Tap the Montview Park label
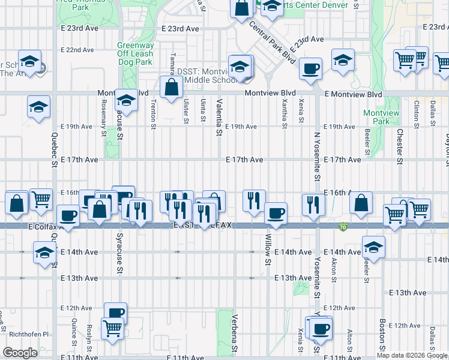[376, 117]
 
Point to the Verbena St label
[235, 339]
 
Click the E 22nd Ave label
[77, 50]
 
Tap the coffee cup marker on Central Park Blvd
[310, 68]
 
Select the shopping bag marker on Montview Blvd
[172, 86]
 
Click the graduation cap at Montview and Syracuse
[126, 99]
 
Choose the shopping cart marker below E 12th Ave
[112, 328]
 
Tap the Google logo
[20, 353]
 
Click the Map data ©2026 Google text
[412, 355]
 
